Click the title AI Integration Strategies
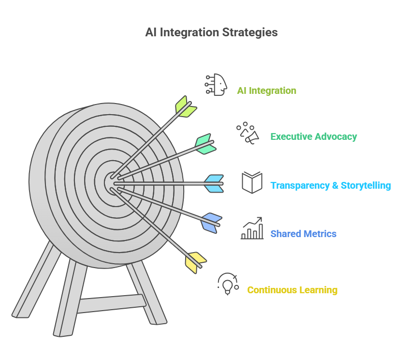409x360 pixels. tap(211, 32)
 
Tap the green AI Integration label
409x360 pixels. tap(266, 90)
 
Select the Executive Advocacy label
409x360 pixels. tap(314, 136)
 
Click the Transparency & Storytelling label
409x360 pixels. tap(331, 185)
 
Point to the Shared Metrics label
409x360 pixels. tap(303, 234)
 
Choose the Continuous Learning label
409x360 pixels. tap(292, 290)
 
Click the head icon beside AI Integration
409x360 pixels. tap(216, 85)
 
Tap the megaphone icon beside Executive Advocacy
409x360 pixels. tap(248, 133)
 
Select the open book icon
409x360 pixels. tap(252, 182)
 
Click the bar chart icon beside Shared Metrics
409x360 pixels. tap(252, 228)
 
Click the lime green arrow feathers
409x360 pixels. tap(186, 106)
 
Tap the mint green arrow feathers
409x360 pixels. tap(206, 144)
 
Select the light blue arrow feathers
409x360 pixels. tap(214, 184)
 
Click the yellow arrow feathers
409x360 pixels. tap(196, 263)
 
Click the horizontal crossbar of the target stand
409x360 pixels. tap(112, 303)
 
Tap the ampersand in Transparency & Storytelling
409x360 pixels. tap(335, 185)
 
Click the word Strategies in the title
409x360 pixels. tap(250, 32)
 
